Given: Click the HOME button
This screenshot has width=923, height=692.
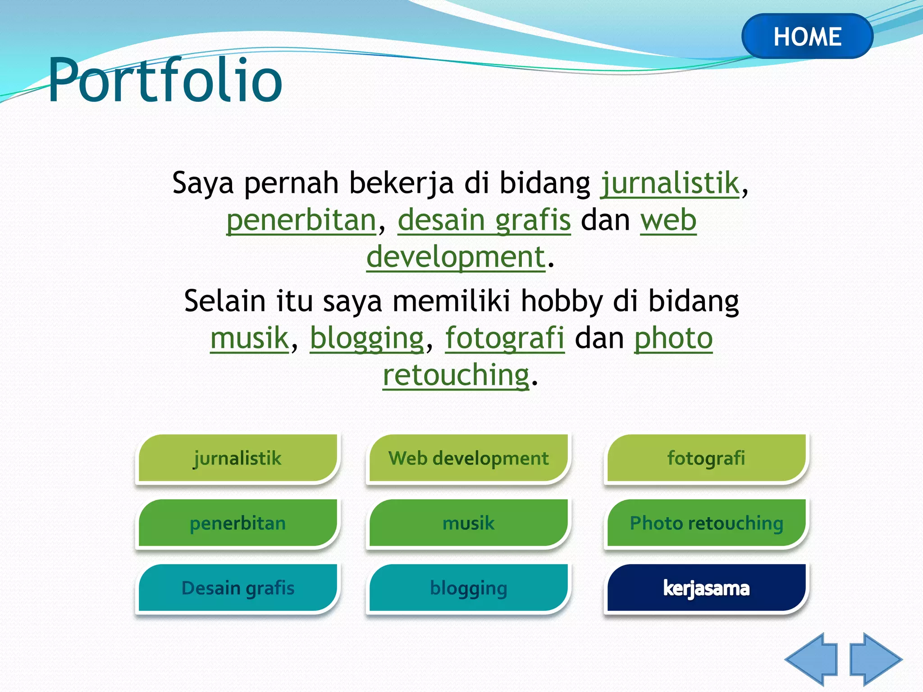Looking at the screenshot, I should [807, 36].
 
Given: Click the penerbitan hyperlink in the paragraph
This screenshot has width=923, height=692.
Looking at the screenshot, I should [301, 221].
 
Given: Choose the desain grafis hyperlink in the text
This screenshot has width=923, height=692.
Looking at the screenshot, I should [484, 221].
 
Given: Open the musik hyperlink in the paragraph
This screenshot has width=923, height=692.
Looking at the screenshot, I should [249, 339].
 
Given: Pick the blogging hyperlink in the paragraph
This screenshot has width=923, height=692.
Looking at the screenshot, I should [367, 339].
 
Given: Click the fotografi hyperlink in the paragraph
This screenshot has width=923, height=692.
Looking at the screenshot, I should [505, 339].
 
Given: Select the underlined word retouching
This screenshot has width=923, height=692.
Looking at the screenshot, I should [456, 375].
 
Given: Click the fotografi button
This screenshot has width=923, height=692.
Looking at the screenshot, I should [706, 458].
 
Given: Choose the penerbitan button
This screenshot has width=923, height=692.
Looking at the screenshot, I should [238, 523].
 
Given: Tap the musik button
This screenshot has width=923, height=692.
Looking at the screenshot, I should [468, 523].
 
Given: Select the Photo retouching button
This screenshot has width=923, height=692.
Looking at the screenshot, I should [706, 523].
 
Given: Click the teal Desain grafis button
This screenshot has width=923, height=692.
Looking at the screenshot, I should [238, 588].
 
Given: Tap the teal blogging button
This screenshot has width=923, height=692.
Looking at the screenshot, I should [468, 588].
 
